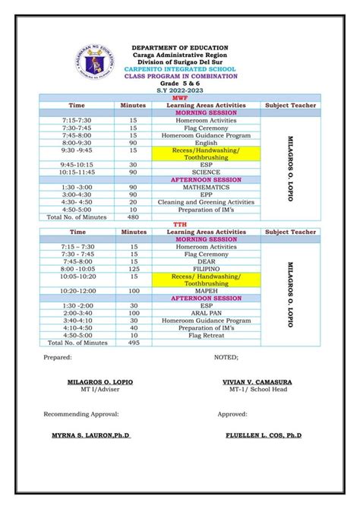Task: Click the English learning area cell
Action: point(206,141)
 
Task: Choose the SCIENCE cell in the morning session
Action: point(206,172)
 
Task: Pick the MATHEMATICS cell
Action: point(206,187)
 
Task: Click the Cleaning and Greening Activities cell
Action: point(206,202)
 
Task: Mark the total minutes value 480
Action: point(133,217)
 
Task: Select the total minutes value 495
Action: point(133,343)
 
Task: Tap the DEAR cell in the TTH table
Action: point(206,261)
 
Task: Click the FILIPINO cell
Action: point(206,268)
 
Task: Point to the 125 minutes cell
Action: point(133,268)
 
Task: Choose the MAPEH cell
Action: point(206,290)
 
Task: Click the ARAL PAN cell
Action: point(206,313)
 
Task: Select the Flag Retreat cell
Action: point(206,335)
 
